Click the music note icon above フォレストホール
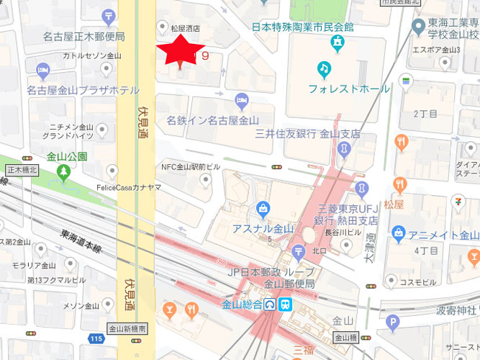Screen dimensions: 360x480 click(325, 70)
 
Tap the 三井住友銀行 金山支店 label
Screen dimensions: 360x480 click(308, 134)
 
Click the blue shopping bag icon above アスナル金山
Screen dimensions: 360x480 click(263, 211)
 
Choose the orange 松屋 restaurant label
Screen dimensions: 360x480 click(413, 204)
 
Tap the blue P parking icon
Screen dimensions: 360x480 click(392, 322)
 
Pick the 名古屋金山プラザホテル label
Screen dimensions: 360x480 click(83, 91)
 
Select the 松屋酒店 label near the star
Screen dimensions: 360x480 click(184, 29)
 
